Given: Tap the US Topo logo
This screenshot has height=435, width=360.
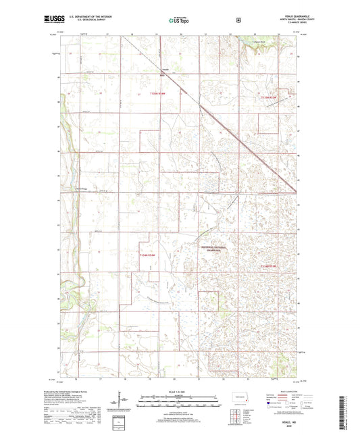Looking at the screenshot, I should click(179, 20).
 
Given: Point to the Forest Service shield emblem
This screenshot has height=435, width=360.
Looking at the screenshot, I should click(238, 20).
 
